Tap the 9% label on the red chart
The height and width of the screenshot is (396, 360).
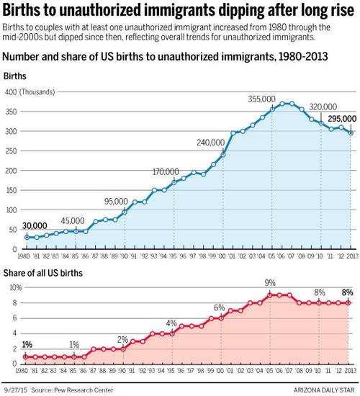(269, 283)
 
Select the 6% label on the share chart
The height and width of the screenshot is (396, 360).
(219, 307)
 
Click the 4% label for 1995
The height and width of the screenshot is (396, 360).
(171, 323)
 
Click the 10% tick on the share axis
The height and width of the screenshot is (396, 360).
(12, 287)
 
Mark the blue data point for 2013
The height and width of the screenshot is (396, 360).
(351, 132)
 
